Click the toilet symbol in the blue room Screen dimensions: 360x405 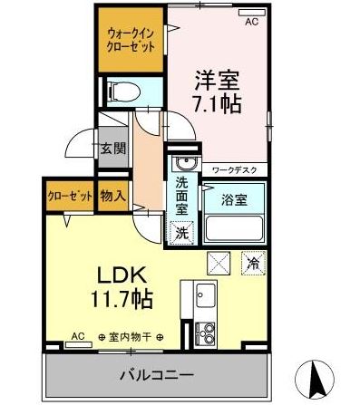coord(125,92)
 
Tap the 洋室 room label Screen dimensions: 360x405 coord(217,81)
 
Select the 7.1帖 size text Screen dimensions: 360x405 coord(217,104)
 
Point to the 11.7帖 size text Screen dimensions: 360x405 coord(122,299)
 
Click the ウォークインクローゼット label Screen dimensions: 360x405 coord(131,40)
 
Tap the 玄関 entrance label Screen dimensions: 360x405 coord(113,149)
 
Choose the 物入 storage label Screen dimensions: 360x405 coord(112,197)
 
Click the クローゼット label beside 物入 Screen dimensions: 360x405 coord(71,197)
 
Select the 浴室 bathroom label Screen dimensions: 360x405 coord(235,200)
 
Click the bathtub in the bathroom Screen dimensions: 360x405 coord(234,228)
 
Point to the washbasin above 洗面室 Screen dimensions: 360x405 coord(185,164)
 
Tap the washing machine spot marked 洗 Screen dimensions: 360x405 coord(181,233)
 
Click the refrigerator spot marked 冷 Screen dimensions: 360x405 coord(254,263)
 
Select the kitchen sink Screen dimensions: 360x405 coord(206,294)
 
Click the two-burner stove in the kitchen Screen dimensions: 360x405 coord(205,333)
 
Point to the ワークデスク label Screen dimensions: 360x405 coord(235,170)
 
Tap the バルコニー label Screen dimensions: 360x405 coord(157,376)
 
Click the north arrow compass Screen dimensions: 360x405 coord(315,376)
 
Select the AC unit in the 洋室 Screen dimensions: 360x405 coord(252,13)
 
